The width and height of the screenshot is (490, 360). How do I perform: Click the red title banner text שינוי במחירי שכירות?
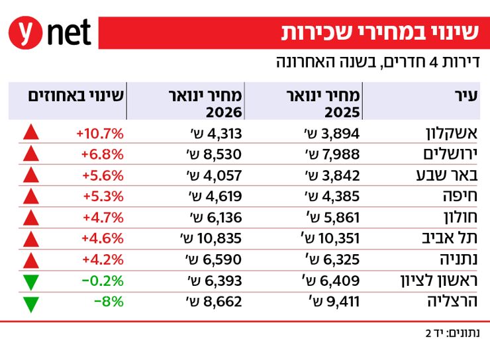pos(380,32)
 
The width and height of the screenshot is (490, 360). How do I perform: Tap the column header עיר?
pos(467,95)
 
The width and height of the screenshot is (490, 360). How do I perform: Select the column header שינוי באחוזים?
pos(76,95)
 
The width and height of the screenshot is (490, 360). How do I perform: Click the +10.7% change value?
pos(100,133)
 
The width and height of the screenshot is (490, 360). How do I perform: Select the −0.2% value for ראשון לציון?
pos(103,281)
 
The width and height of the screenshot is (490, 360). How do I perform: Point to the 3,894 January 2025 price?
pos(332,133)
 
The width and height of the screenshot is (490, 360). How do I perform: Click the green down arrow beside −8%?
pos(30,304)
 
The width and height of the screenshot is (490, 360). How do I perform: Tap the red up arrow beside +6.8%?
pos(30,154)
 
